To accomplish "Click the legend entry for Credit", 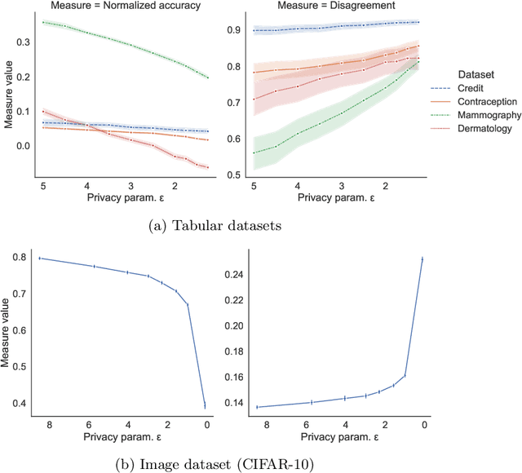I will (x=481, y=88).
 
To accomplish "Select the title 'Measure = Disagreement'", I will (x=324, y=7).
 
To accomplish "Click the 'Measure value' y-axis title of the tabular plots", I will (x=7, y=96).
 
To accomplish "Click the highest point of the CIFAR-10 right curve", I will (x=422, y=259).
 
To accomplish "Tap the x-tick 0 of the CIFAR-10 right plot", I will (x=423, y=425).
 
